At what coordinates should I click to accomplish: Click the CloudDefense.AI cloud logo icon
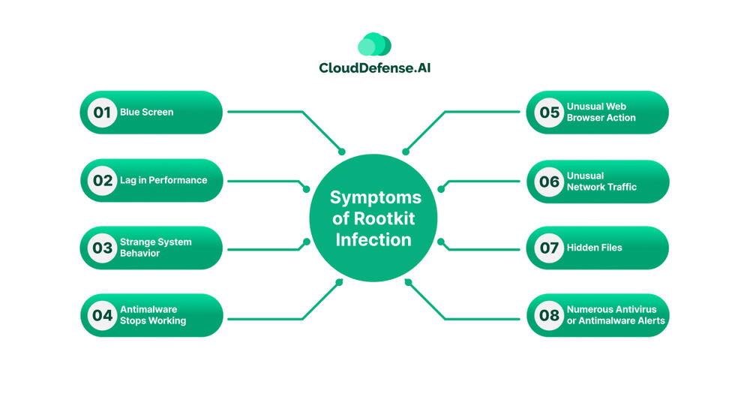(x=375, y=45)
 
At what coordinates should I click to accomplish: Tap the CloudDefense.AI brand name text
(x=375, y=68)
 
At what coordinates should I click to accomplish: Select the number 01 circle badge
(x=99, y=113)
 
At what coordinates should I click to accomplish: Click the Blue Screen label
(x=146, y=113)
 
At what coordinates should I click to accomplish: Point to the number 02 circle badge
(x=99, y=181)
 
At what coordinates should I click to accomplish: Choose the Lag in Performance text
(x=163, y=181)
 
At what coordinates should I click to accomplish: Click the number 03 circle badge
(x=99, y=248)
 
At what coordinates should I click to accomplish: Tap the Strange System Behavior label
(x=155, y=248)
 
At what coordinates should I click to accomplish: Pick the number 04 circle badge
(x=99, y=315)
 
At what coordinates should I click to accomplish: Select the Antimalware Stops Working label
(x=153, y=315)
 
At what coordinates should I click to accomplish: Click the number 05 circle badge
(x=549, y=113)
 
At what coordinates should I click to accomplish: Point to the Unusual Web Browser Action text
(x=601, y=113)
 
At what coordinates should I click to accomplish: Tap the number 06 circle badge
(x=549, y=181)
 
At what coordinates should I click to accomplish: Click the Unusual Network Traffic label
(x=601, y=181)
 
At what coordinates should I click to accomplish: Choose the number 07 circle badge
(x=549, y=248)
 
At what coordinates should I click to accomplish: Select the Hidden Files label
(x=594, y=248)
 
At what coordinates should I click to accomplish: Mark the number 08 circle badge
(x=549, y=315)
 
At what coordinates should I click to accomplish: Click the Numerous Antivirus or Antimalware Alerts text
(x=616, y=315)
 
